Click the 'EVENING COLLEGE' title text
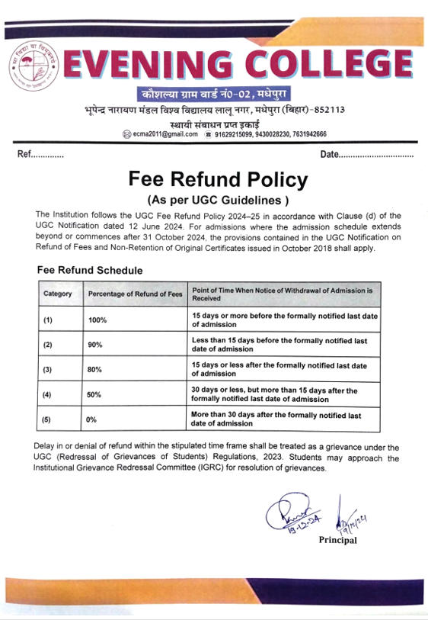pyautogui.click(x=238, y=64)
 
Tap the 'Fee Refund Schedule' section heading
pyautogui.click(x=89, y=270)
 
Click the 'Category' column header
pyautogui.click(x=58, y=294)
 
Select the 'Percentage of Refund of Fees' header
pyautogui.click(x=135, y=294)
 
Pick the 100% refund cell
pyautogui.click(x=97, y=320)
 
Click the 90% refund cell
pyautogui.click(x=95, y=345)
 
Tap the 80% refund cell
pyautogui.click(x=95, y=370)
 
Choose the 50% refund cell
pyautogui.click(x=95, y=395)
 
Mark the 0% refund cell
pyautogui.click(x=92, y=419)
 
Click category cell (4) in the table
pyautogui.click(x=47, y=395)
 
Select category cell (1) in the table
pyautogui.click(x=47, y=320)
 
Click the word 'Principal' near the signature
pyautogui.click(x=338, y=541)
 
